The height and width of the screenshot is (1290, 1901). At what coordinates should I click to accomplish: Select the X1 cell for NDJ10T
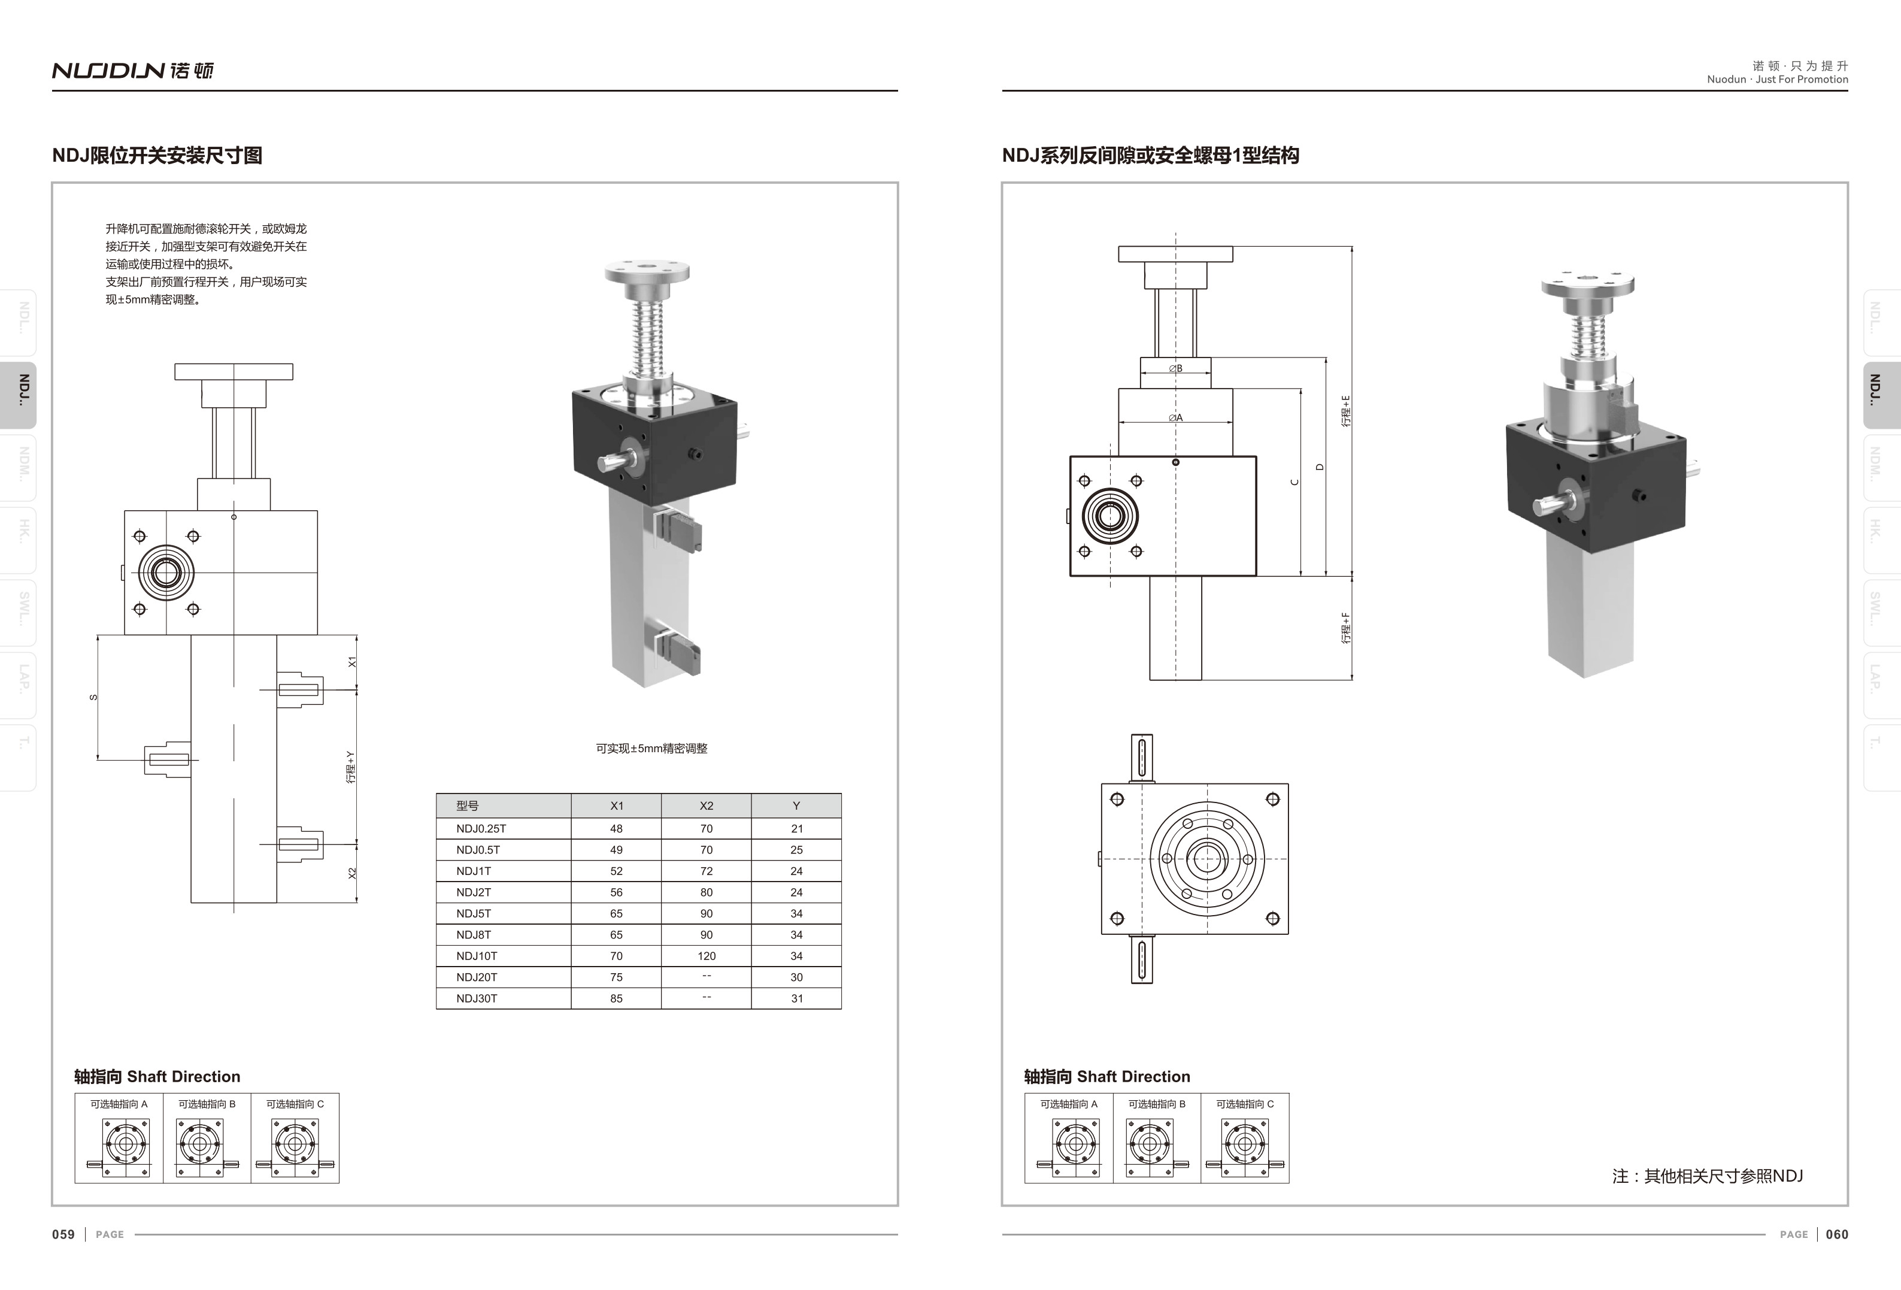point(616,955)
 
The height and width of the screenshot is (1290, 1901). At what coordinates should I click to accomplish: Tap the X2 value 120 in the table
point(706,955)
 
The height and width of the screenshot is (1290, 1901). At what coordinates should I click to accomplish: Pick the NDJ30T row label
point(477,998)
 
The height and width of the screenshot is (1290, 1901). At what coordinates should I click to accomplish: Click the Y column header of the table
point(796,806)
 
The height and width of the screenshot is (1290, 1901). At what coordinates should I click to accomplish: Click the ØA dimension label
point(1175,418)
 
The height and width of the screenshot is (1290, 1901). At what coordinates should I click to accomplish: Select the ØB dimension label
point(1175,368)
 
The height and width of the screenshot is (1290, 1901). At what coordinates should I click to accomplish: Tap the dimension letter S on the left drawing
point(93,697)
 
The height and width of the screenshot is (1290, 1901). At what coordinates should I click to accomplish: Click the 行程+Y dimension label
point(351,767)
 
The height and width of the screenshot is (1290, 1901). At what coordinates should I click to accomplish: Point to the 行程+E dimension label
point(1345,411)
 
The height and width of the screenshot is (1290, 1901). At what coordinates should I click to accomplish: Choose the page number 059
point(63,1234)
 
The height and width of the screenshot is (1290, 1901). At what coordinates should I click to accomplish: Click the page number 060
point(1836,1234)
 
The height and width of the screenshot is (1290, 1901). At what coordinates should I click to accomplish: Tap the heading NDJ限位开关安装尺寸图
point(157,156)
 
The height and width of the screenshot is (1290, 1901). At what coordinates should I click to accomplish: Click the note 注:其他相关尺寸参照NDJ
point(1707,1176)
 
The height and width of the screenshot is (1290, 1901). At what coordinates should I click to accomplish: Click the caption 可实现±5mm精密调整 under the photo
point(651,749)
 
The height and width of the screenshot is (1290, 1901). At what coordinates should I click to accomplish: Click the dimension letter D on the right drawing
point(1320,467)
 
